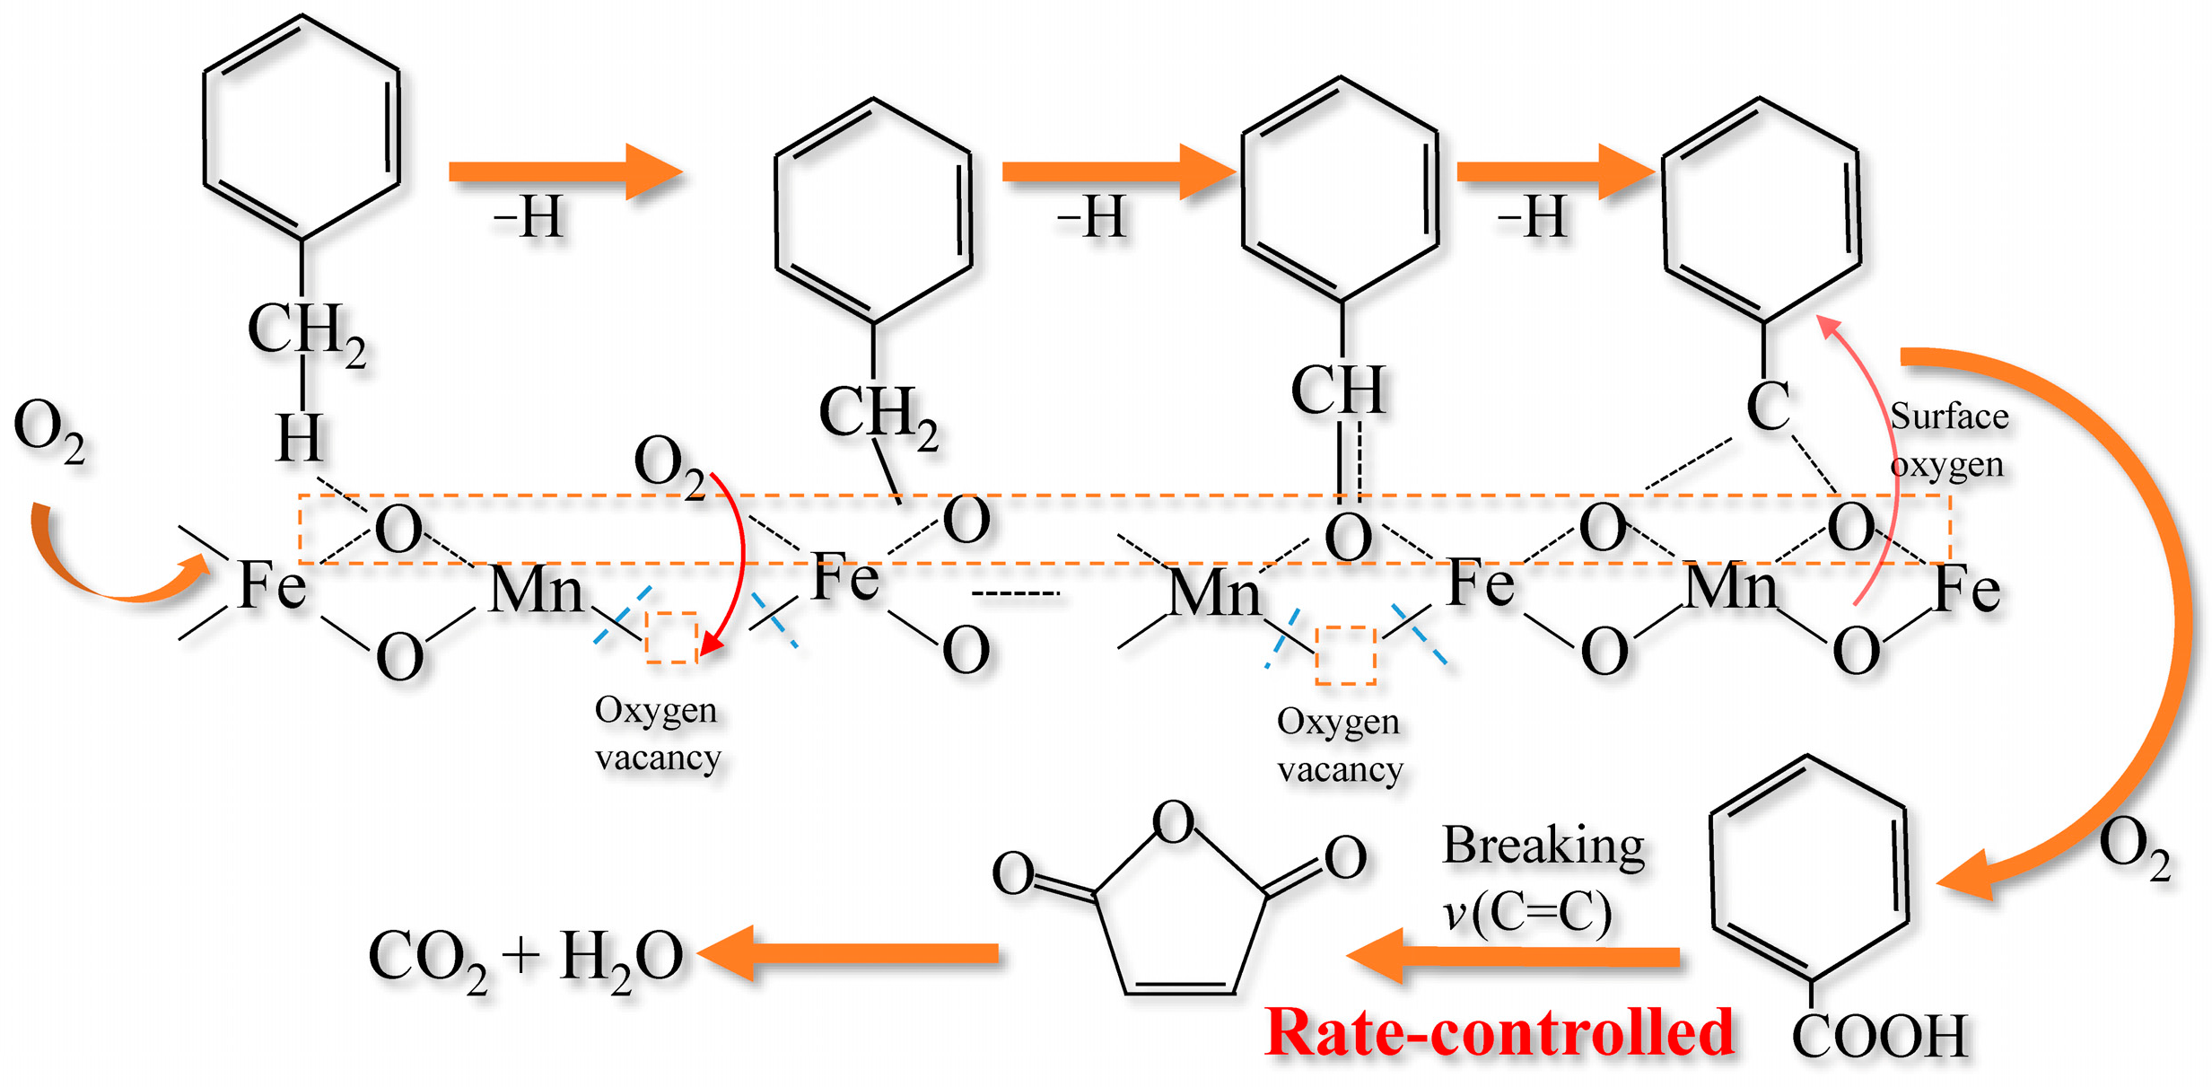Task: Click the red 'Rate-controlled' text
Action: point(1499,1032)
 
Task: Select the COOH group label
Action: point(1880,1037)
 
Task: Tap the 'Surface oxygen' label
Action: point(1947,440)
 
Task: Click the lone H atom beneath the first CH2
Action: point(299,438)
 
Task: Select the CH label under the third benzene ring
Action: point(1337,390)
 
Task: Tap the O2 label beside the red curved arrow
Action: point(669,465)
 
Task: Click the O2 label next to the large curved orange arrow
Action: point(2134,848)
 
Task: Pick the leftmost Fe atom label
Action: point(272,585)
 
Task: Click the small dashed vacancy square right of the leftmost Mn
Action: point(672,637)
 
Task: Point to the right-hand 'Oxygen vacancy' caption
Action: point(1339,745)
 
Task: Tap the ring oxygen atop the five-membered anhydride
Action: point(1173,821)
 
